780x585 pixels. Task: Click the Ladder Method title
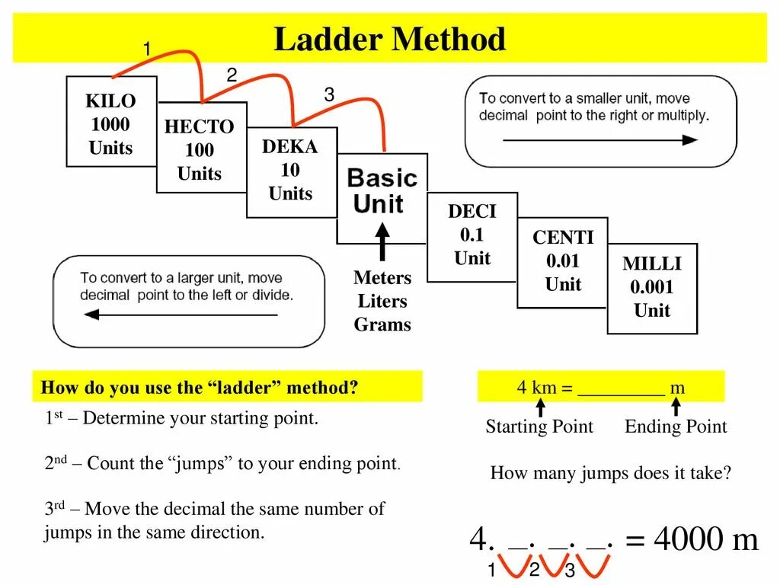point(389,40)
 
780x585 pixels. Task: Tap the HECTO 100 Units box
point(200,149)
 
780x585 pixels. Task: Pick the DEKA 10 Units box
point(290,171)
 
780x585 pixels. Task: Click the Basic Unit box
point(382,192)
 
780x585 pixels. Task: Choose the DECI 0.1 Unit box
point(472,235)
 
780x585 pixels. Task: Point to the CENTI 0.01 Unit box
point(563,261)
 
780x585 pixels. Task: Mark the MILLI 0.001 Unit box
point(652,287)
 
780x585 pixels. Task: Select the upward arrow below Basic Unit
point(382,240)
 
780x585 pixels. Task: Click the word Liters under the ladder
point(382,301)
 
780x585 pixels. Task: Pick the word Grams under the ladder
point(382,324)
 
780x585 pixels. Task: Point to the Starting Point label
point(539,427)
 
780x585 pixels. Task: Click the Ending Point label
point(676,427)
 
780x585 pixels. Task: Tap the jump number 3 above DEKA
point(329,95)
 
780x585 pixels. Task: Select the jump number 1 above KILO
point(147,50)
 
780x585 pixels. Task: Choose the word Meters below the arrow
point(382,277)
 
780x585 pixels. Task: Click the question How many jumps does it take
point(611,473)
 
